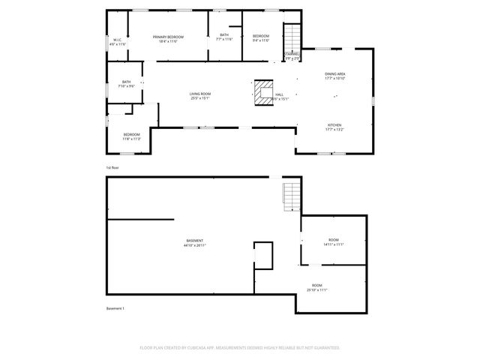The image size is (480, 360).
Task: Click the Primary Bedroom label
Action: point(168,39)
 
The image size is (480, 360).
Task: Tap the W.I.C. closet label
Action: point(118,42)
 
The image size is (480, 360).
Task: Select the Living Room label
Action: point(199,95)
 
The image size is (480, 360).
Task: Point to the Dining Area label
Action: point(334,76)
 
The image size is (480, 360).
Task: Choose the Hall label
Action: point(279,96)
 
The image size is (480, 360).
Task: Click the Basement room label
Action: point(195,243)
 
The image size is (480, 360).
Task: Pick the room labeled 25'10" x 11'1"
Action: point(317,287)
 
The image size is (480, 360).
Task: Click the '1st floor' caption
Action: point(112,167)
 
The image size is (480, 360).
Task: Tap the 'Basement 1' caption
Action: point(115,309)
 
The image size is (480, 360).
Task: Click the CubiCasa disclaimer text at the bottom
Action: point(240,348)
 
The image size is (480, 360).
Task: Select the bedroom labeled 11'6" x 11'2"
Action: point(131,136)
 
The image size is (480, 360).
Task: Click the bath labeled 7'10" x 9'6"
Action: point(126,84)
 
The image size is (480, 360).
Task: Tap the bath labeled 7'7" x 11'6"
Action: point(224,37)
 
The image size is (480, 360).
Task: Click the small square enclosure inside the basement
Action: point(263,255)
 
